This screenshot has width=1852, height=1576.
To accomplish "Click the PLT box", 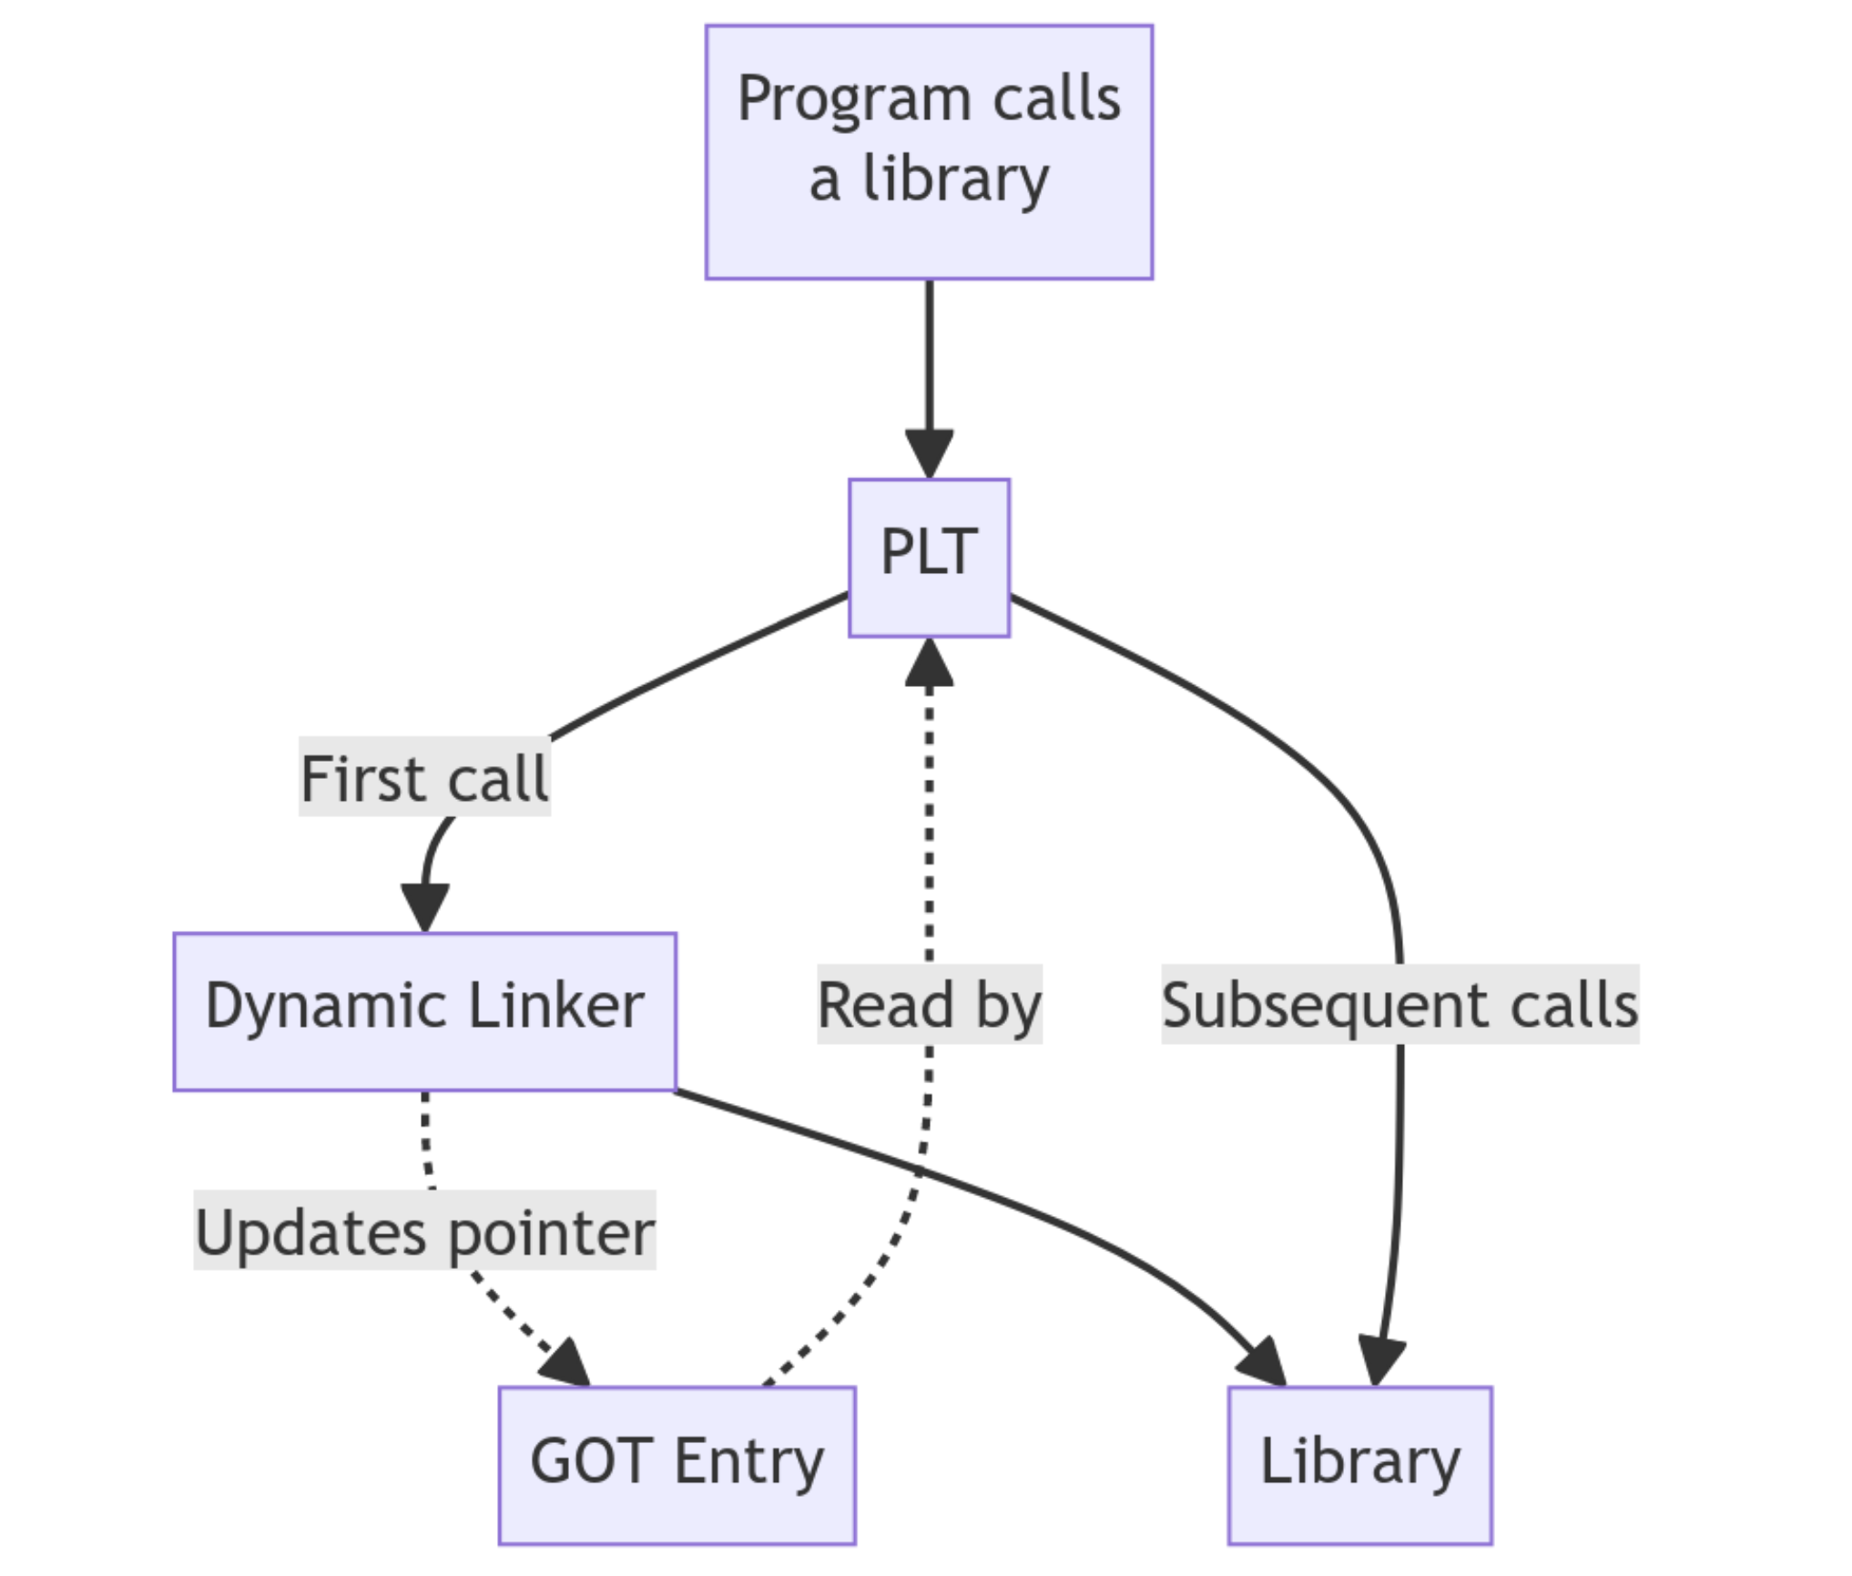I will click(x=929, y=557).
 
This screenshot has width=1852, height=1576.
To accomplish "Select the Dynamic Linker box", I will click(x=424, y=1011).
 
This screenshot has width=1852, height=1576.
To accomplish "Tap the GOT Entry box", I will click(x=677, y=1466).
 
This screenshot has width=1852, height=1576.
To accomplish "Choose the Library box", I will click(x=1359, y=1466).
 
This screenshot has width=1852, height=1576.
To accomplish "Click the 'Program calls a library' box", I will click(x=929, y=151).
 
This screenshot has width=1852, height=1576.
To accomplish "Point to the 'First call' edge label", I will click(x=424, y=780).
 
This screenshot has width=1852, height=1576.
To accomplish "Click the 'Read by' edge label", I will click(x=929, y=1005).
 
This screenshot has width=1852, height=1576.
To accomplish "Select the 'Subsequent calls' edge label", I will click(x=1399, y=1005).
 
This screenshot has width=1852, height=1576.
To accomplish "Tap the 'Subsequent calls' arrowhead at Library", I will click(x=1381, y=1362).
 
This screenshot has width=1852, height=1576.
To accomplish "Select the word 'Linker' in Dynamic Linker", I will click(x=555, y=1007).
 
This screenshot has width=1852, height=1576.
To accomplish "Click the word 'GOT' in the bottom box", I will click(x=591, y=1461).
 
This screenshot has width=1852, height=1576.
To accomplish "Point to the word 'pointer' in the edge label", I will click(x=551, y=1233).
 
